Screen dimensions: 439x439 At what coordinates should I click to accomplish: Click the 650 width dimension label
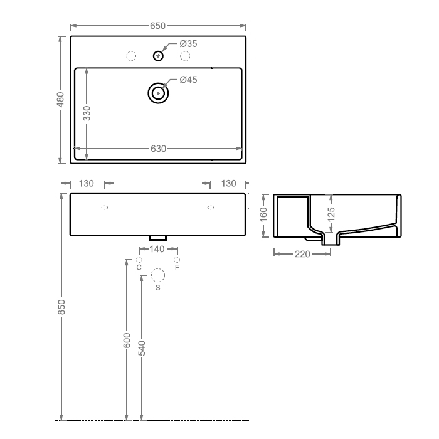point(157,26)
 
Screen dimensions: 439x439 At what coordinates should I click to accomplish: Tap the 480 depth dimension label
point(60,99)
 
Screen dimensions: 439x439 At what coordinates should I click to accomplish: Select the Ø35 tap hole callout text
point(188,44)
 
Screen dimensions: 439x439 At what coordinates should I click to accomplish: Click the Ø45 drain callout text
point(188,80)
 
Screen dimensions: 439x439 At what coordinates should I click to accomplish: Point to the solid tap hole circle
point(158,56)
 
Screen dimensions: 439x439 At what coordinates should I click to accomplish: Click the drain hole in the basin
point(158,93)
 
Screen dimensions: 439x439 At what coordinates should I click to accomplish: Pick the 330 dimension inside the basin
point(87,114)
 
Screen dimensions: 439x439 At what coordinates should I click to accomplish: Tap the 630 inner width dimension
point(159,149)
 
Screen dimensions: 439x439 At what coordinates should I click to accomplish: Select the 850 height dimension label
point(61,307)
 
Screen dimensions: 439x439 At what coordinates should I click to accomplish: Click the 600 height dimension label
point(127,341)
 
